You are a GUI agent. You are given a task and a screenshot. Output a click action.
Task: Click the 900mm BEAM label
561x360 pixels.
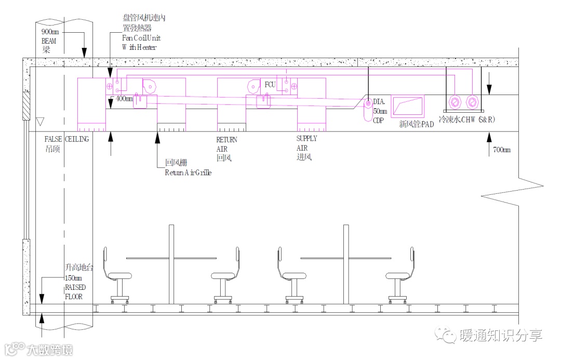point(49,36)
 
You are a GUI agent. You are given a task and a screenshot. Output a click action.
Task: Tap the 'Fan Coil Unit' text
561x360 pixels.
point(141,38)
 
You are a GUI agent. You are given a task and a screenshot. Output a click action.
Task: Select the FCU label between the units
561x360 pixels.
point(270,85)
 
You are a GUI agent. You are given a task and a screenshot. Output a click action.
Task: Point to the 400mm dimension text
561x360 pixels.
point(124,98)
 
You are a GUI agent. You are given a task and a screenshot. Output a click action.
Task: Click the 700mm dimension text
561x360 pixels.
point(502,150)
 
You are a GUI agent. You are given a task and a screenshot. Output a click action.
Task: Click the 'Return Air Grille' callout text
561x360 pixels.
point(188,172)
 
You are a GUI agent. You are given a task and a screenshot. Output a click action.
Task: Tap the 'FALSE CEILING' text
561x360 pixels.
point(67,139)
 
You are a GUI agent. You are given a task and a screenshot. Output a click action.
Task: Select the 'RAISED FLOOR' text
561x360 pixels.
point(75,292)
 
